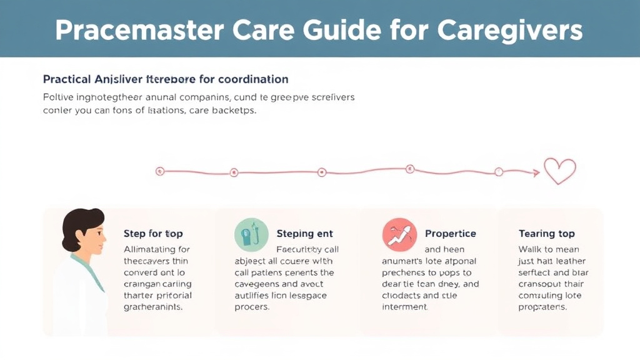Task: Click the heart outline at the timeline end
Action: (559, 171)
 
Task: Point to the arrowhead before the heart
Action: (536, 173)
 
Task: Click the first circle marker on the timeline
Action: (159, 171)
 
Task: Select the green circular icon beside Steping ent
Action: (251, 235)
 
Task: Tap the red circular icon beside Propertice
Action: (399, 235)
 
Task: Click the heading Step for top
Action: (153, 234)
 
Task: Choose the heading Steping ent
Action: (304, 234)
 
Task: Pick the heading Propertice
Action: (450, 234)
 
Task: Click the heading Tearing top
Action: (546, 234)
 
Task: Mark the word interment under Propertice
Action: (404, 307)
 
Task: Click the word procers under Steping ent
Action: (251, 307)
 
